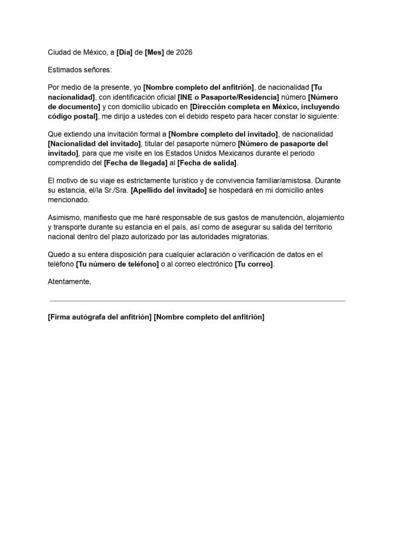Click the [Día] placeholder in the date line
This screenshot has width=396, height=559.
tap(125, 52)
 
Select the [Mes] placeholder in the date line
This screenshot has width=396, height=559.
tap(155, 52)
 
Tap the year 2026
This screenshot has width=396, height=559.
tap(184, 52)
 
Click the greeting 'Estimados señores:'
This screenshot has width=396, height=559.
tap(79, 70)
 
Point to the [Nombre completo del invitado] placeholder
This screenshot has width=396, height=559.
tap(223, 134)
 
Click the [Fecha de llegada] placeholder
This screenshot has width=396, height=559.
tap(135, 163)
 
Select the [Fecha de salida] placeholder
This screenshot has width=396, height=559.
tap(207, 163)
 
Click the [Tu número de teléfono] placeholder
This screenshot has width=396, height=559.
tap(117, 264)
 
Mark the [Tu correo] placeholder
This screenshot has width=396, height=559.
tap(254, 264)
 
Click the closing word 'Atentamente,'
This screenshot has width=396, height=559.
tap(69, 282)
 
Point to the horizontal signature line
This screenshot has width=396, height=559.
tap(197, 301)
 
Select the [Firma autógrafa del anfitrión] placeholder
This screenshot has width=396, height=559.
tap(99, 317)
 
